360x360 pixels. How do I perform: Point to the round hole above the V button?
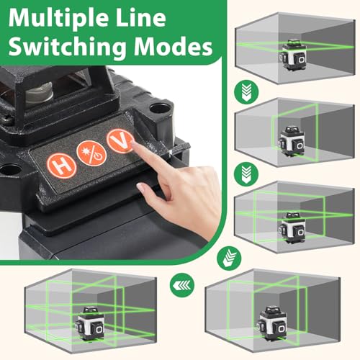[x=153, y=112]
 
